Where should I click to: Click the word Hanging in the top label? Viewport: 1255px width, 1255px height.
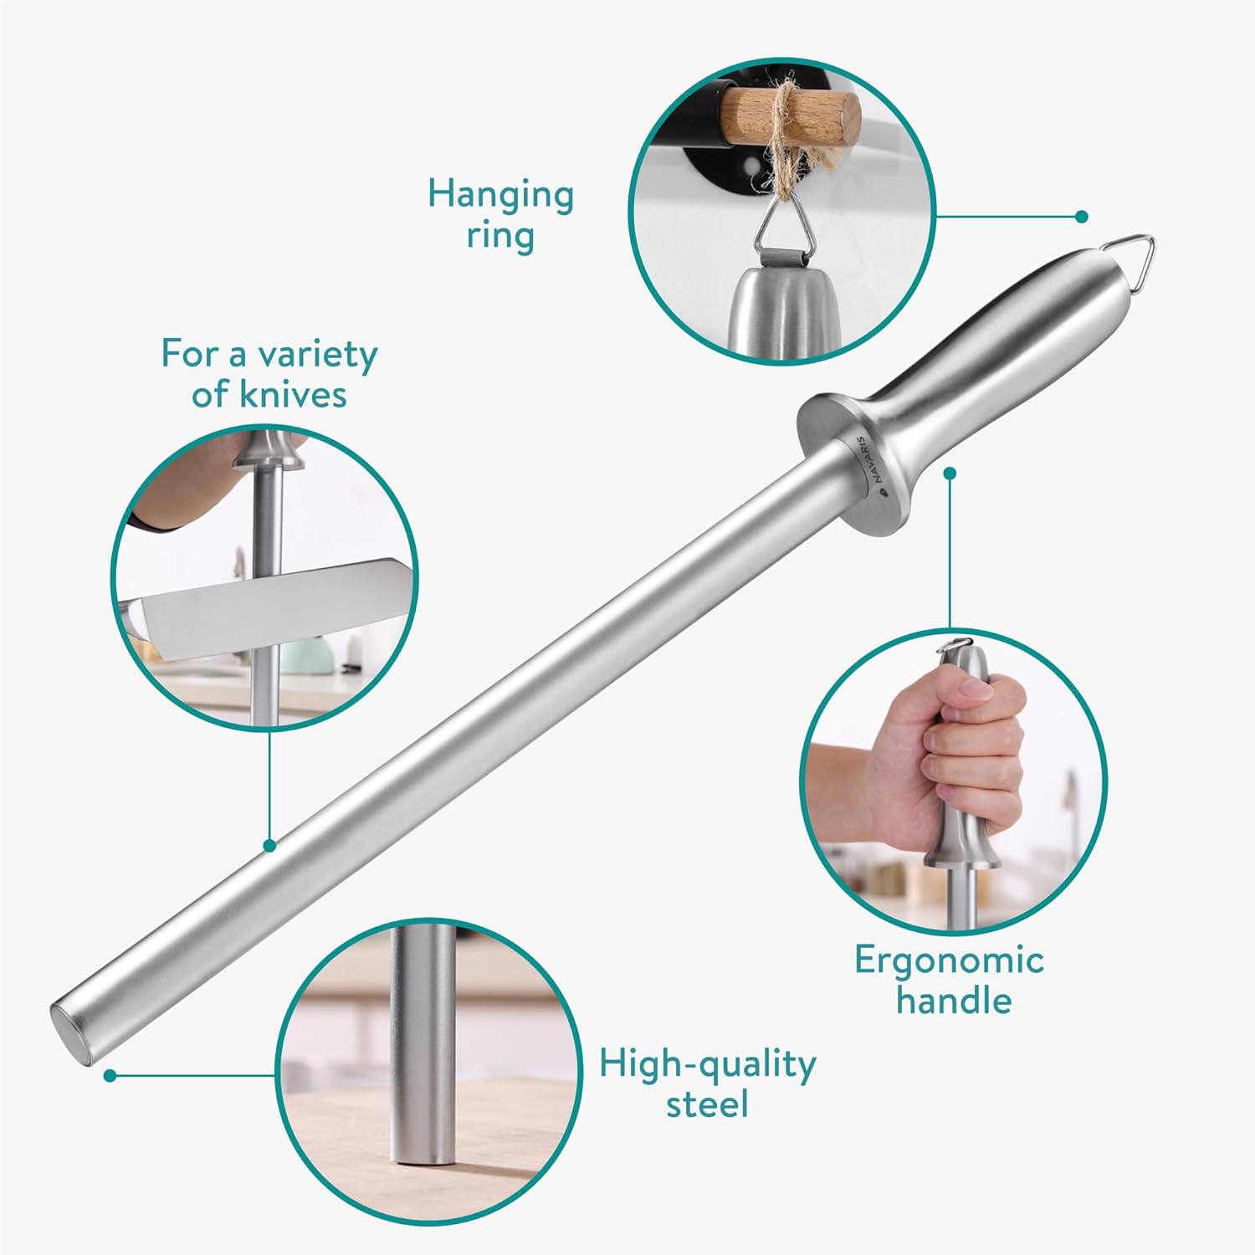[500, 197]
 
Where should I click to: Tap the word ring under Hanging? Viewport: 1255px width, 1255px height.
[500, 237]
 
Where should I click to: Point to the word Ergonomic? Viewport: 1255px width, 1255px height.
[949, 961]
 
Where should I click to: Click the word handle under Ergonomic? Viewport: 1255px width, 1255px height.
[954, 1000]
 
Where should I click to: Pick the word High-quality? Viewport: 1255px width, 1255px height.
[707, 1066]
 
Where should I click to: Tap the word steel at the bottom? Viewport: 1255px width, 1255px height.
[707, 1104]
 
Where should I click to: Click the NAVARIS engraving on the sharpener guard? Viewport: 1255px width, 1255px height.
[870, 458]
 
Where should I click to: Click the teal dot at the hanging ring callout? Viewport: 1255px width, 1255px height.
[1082, 217]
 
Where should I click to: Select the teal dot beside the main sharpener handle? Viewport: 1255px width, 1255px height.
[950, 473]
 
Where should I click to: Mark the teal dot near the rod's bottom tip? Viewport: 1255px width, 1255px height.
[110, 1075]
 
